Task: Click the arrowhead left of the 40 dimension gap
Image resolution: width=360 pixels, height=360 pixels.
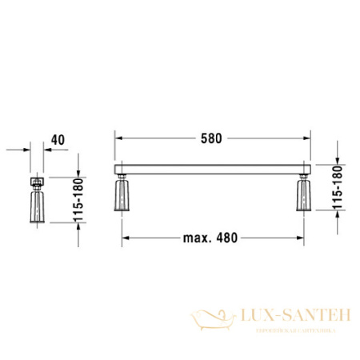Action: (27, 149)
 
